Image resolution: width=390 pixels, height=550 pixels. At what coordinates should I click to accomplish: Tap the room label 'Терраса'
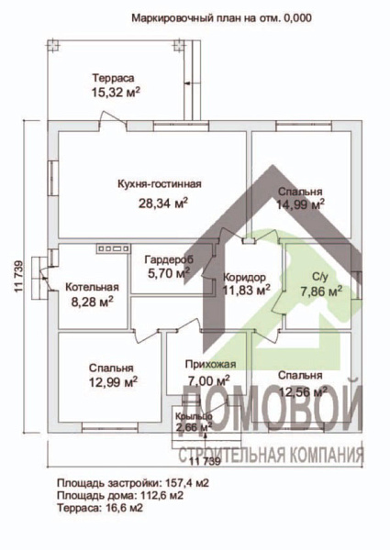point(110,79)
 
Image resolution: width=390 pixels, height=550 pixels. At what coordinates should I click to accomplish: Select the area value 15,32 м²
point(115,93)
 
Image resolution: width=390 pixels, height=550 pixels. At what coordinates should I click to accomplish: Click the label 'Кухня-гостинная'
point(160,184)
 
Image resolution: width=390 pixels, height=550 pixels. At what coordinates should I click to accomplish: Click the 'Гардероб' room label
point(168,258)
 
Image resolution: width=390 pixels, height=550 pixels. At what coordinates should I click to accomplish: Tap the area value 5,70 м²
point(168,272)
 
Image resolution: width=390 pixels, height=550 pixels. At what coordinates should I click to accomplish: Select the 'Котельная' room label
point(92,286)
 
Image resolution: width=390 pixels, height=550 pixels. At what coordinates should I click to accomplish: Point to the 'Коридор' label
point(245,277)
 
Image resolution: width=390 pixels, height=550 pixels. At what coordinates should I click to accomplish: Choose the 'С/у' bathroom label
point(321,276)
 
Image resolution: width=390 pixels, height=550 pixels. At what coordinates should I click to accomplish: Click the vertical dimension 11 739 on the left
point(17,276)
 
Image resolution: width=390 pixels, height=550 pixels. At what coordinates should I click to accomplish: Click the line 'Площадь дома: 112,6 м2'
point(119,495)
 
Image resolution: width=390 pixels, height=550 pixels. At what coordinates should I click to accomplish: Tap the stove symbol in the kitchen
point(110,247)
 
